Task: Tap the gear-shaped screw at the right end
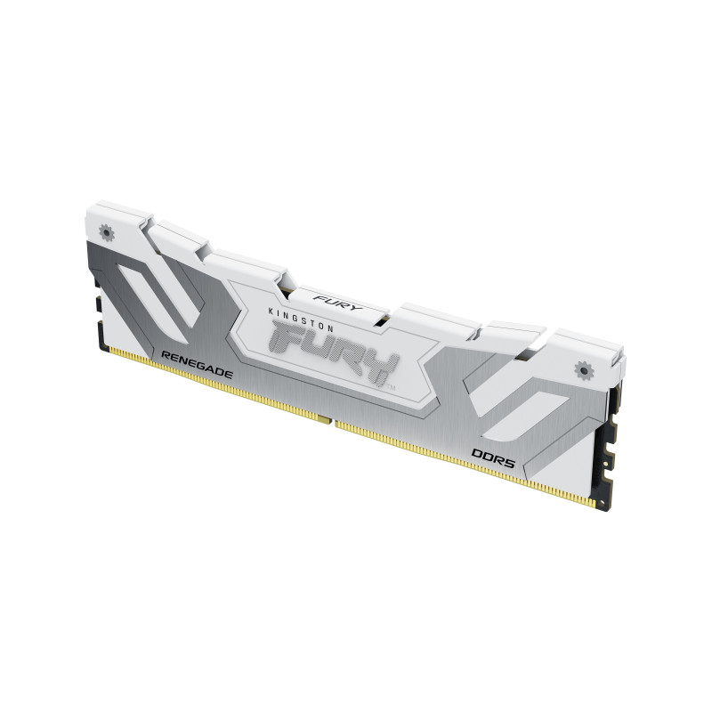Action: tap(584, 366)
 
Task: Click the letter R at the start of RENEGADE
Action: tap(164, 355)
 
